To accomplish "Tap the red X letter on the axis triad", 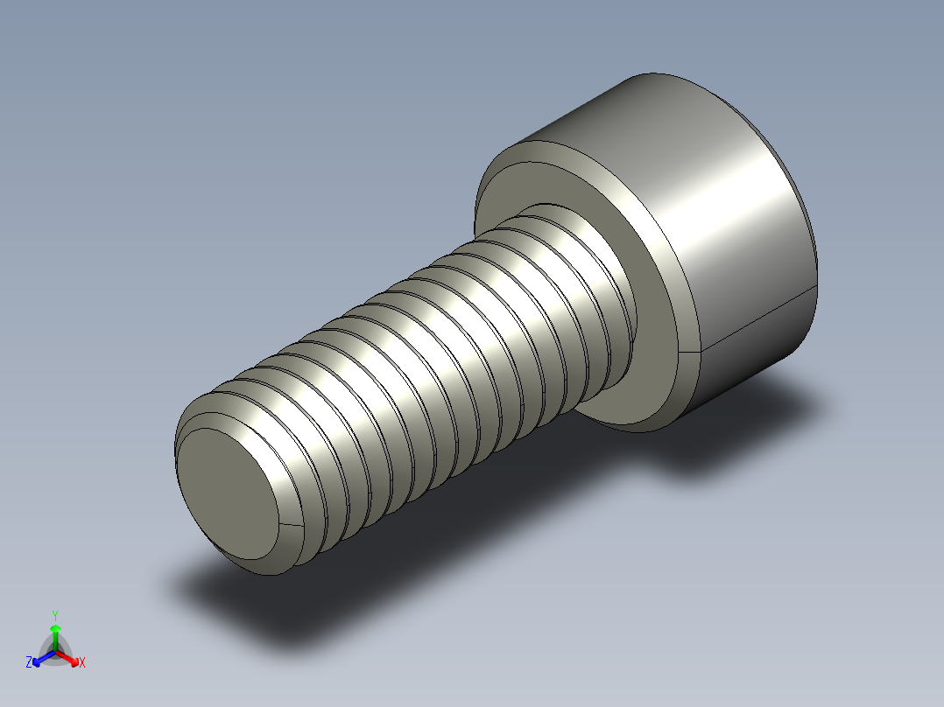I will tap(82, 663).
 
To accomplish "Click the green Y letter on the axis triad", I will tap(54, 615).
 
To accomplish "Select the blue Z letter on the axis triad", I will tap(29, 662).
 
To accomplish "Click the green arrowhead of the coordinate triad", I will tap(55, 629).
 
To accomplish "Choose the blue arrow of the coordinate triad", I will tap(40, 657).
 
